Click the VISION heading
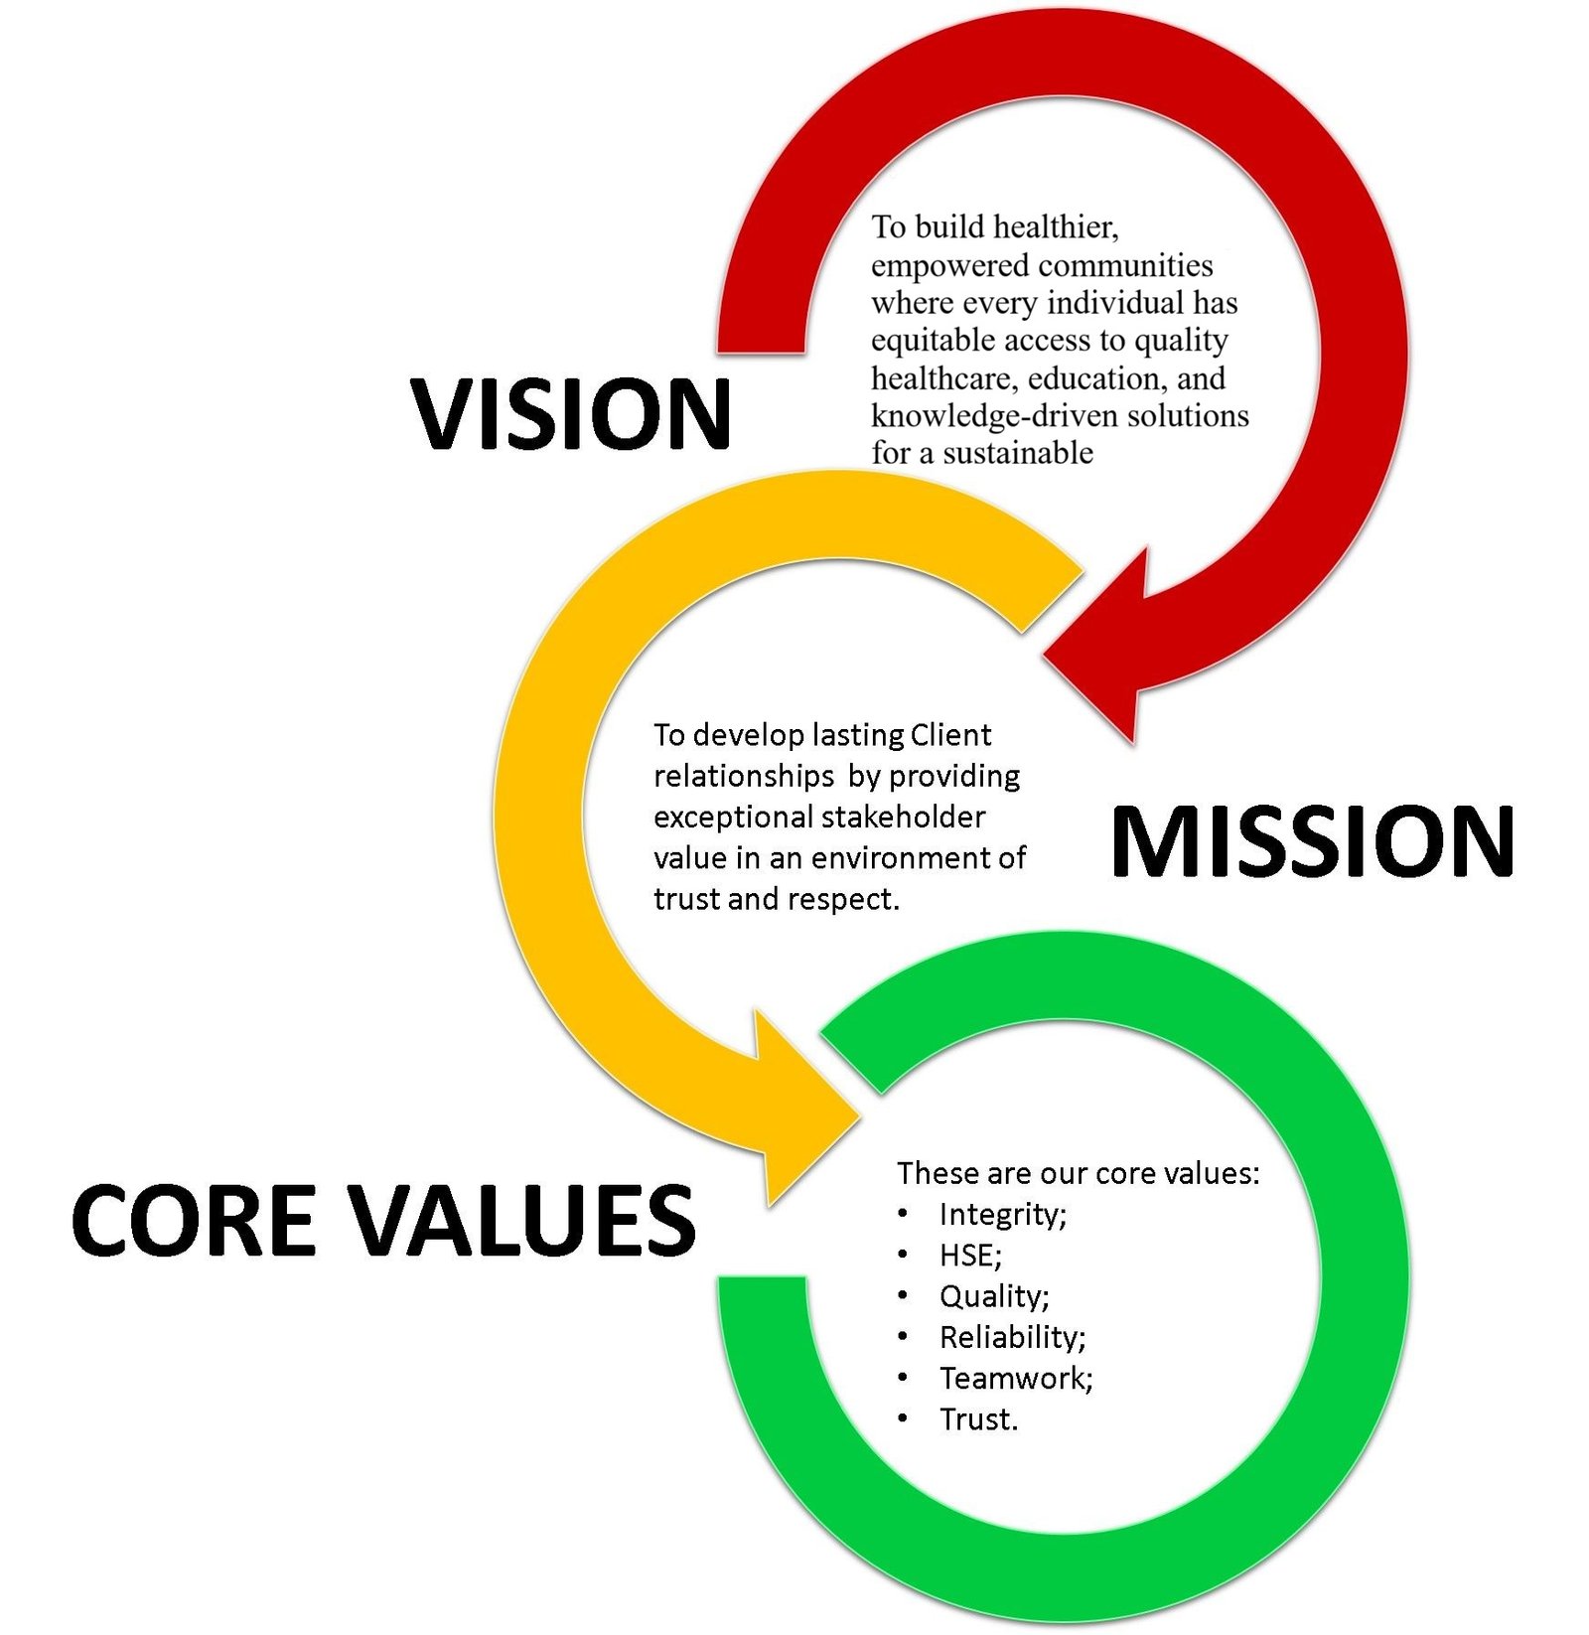[x=572, y=413]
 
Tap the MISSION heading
[x=1312, y=842]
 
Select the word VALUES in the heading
[x=524, y=1220]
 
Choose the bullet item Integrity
[x=1002, y=1215]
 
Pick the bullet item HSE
[x=970, y=1256]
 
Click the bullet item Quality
[x=994, y=1297]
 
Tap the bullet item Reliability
[x=1013, y=1338]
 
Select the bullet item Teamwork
[x=1016, y=1379]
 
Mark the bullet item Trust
[x=979, y=1419]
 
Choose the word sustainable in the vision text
[x=1018, y=453]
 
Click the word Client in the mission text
[x=950, y=735]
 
